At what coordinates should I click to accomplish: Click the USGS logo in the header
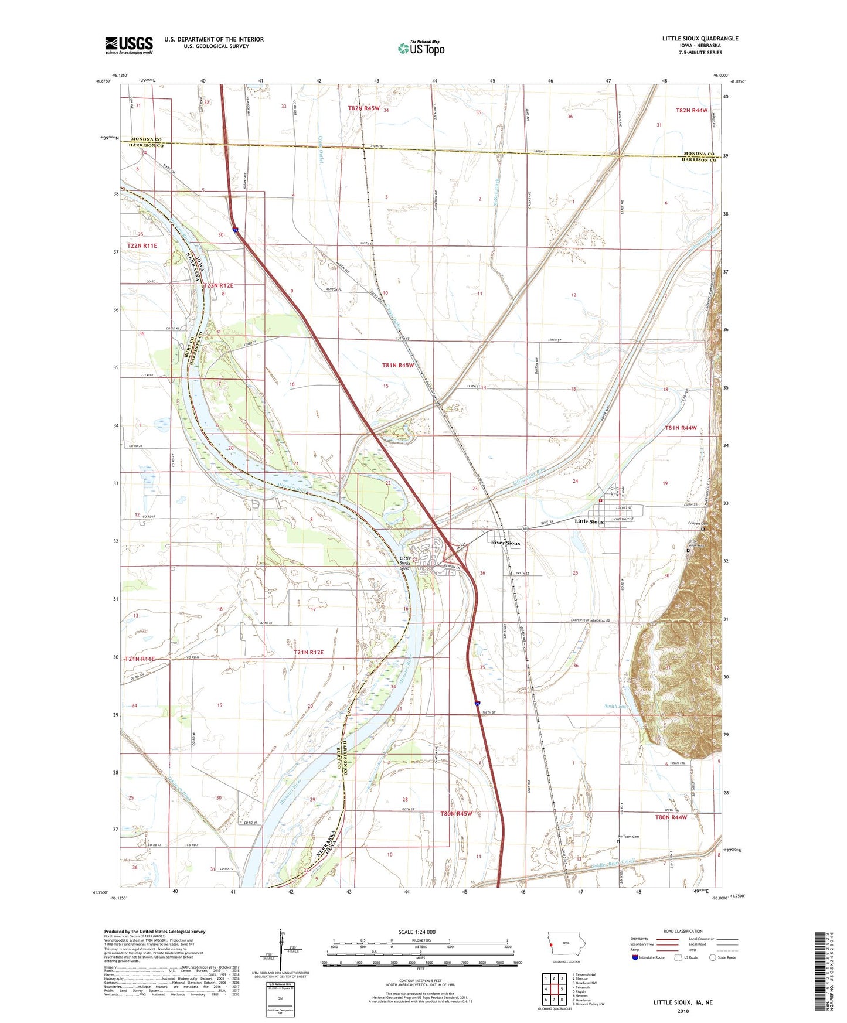(129, 45)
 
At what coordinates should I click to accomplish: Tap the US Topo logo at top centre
(421, 48)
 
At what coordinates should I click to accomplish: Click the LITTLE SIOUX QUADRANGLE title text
(700, 39)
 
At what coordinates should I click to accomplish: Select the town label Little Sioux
(589, 521)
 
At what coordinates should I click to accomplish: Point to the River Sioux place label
(505, 543)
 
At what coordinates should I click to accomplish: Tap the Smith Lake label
(616, 706)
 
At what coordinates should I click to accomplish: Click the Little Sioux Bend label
(404, 563)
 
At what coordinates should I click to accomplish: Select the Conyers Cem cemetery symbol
(703, 529)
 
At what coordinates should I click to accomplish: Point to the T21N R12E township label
(308, 652)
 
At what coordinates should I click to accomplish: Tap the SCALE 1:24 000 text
(417, 932)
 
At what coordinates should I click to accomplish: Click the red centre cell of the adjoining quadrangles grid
(554, 989)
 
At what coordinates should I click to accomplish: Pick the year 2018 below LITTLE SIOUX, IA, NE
(683, 1011)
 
